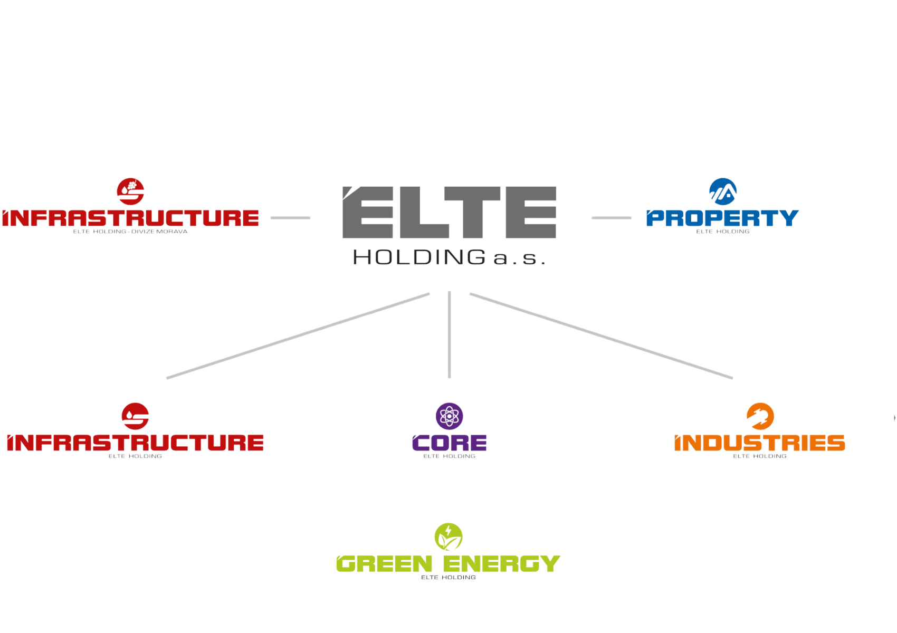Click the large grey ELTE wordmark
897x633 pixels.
click(449, 213)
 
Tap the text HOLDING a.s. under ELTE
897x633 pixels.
click(449, 258)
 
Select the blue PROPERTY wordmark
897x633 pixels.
click(722, 217)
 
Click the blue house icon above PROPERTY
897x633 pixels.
click(723, 191)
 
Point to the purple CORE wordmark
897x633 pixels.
click(449, 443)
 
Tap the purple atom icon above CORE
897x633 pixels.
click(449, 416)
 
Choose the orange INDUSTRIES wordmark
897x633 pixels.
click(760, 443)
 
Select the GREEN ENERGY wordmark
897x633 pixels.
click(448, 564)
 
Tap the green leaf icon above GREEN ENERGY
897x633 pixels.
click(448, 536)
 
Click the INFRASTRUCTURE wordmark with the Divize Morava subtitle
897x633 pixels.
click(130, 218)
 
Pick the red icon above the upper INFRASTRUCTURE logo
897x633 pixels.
click(130, 191)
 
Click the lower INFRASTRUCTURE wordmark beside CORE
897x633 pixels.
click(135, 443)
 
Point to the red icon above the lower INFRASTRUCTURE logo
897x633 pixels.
click(135, 416)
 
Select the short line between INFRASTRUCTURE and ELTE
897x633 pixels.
click(290, 217)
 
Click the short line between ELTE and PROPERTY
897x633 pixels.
click(611, 217)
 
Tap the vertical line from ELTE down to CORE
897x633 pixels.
click(449, 334)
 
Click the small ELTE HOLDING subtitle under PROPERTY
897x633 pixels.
click(722, 231)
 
